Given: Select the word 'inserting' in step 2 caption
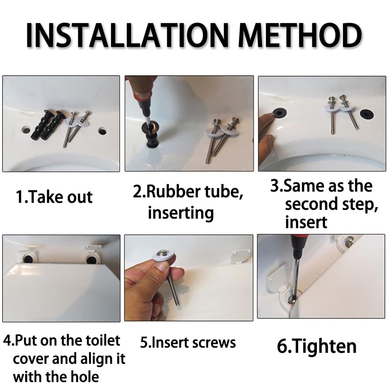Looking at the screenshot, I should pos(180,213).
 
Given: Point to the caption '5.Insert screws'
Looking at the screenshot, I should pos(188,343).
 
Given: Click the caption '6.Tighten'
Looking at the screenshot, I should pos(316,346).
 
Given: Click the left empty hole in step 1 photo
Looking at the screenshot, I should pos(26,130).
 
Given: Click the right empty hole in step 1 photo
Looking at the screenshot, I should pos(103,131).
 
